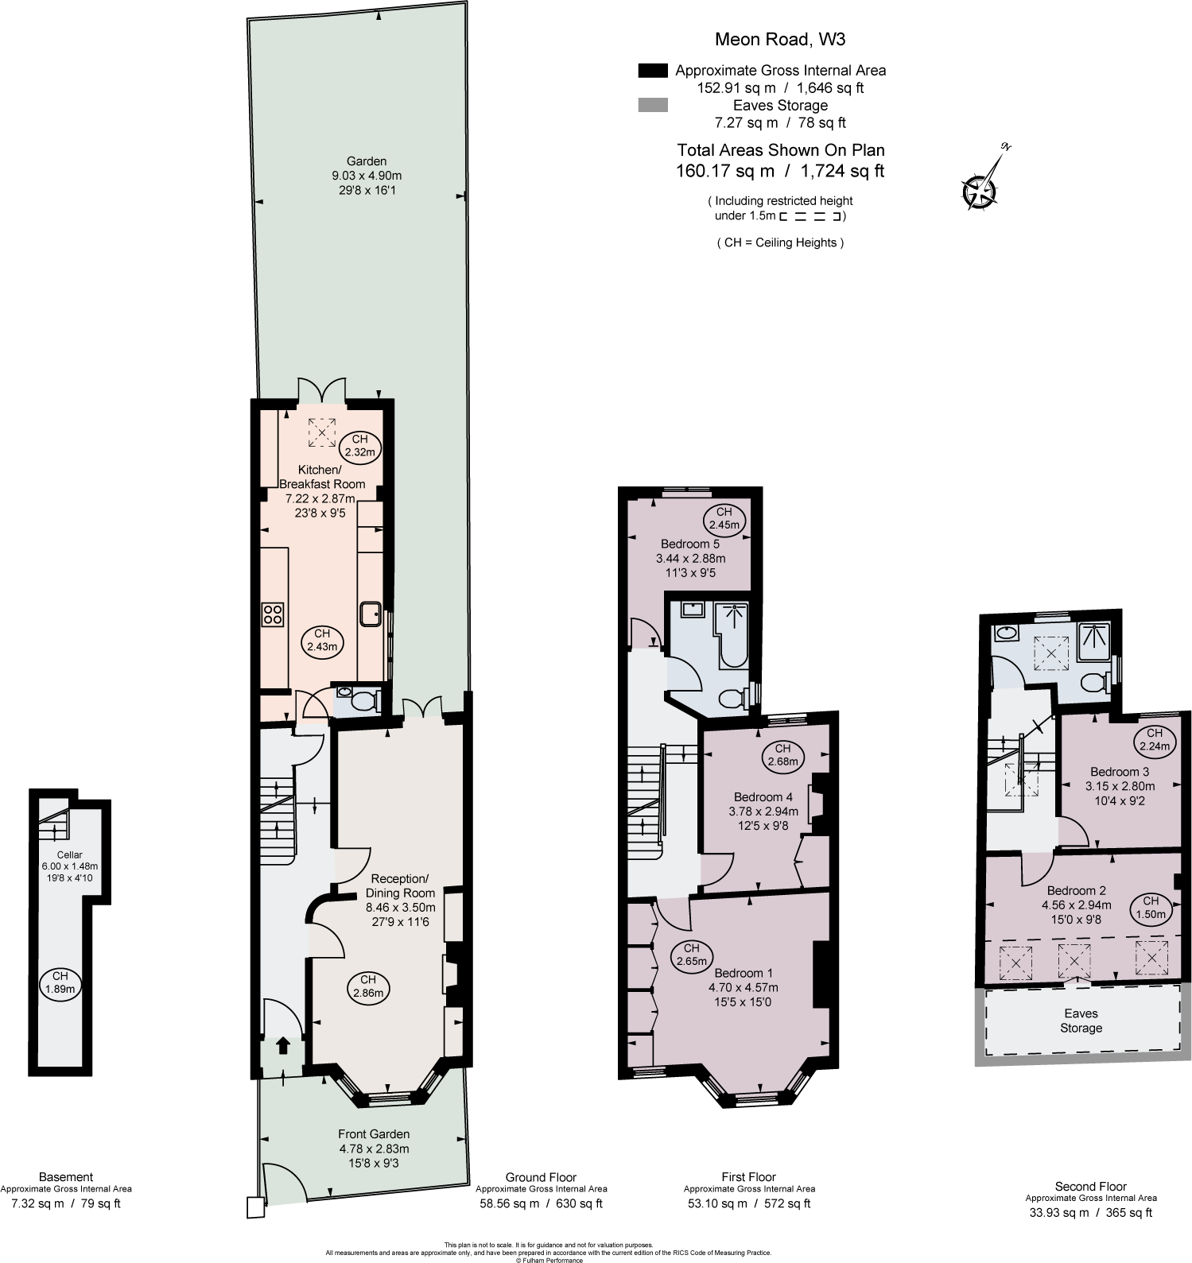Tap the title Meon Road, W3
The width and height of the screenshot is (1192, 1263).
pyautogui.click(x=763, y=38)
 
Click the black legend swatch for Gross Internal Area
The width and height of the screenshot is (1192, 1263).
pyautogui.click(x=653, y=71)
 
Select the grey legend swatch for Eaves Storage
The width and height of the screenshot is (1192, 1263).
pyautogui.click(x=653, y=105)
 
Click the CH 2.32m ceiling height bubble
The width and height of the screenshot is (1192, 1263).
pyautogui.click(x=359, y=446)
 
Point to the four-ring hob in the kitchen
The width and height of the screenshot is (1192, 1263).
pyautogui.click(x=273, y=614)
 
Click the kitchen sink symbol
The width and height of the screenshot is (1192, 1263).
pyautogui.click(x=371, y=614)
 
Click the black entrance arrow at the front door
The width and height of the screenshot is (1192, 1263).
pyautogui.click(x=282, y=1045)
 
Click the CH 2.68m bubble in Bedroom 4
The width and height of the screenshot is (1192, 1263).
pyautogui.click(x=782, y=755)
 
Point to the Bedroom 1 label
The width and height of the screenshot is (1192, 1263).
pyautogui.click(x=744, y=973)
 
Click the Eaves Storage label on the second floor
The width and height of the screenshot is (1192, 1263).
pyautogui.click(x=1081, y=1021)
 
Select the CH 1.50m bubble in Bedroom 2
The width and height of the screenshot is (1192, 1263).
pyautogui.click(x=1151, y=908)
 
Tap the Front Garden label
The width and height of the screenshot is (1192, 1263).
pyautogui.click(x=374, y=1134)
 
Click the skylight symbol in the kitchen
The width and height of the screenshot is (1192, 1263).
pyautogui.click(x=321, y=432)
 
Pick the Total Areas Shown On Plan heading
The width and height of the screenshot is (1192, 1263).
pyautogui.click(x=780, y=149)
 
